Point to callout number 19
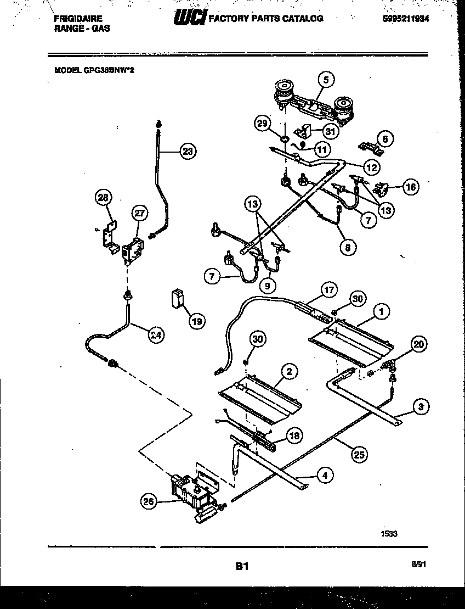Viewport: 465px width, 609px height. click(x=196, y=321)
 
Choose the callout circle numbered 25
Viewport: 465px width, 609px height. click(x=360, y=454)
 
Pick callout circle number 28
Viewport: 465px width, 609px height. click(x=103, y=197)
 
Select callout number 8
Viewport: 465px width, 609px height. click(x=347, y=247)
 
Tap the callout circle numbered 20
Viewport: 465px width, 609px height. click(x=418, y=344)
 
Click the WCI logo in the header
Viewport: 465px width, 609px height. click(x=189, y=19)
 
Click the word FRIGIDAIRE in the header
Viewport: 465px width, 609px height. click(x=78, y=18)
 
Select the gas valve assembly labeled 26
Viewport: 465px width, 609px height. click(x=192, y=495)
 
